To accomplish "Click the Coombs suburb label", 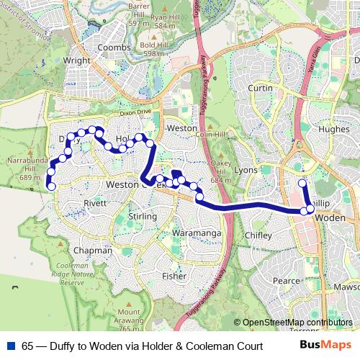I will [x=114, y=48].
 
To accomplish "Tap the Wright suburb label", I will [x=77, y=61].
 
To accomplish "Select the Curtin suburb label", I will [x=260, y=88].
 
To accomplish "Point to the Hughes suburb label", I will [x=333, y=130].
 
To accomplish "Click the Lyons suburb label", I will [x=246, y=170].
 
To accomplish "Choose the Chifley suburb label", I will [x=258, y=235].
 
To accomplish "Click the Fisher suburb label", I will [x=174, y=276].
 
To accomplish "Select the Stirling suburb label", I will [x=142, y=217].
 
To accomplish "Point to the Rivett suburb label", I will [x=95, y=203].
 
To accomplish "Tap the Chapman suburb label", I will [x=93, y=251].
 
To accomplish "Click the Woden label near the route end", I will [x=332, y=217].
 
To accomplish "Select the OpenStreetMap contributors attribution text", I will [x=297, y=323].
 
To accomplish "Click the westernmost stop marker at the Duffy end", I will [x=51, y=186].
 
